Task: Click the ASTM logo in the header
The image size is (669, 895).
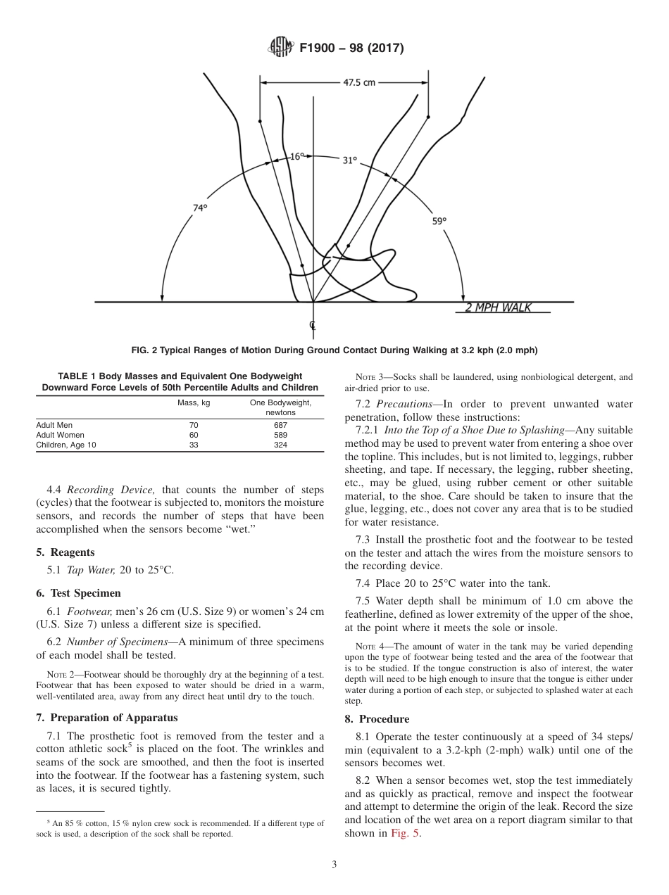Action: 282,48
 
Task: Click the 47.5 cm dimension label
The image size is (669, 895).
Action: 358,82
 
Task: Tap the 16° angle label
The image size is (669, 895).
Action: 297,157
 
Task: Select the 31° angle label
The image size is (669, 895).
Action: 350,160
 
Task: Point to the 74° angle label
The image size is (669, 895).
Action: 200,208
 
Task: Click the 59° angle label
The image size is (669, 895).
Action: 439,221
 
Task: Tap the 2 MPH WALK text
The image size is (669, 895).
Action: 498,307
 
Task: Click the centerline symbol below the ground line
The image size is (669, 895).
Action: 313,325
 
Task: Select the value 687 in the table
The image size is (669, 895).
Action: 280,425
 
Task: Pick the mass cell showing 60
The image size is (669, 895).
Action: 194,435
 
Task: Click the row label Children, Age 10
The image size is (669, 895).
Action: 66,445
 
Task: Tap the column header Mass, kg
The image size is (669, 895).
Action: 194,402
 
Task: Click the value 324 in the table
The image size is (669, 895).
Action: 280,445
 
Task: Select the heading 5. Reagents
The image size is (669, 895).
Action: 65,552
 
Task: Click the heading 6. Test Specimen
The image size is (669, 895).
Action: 78,593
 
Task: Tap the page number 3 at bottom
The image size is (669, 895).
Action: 334,864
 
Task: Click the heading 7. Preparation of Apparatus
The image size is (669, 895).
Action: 107,718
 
